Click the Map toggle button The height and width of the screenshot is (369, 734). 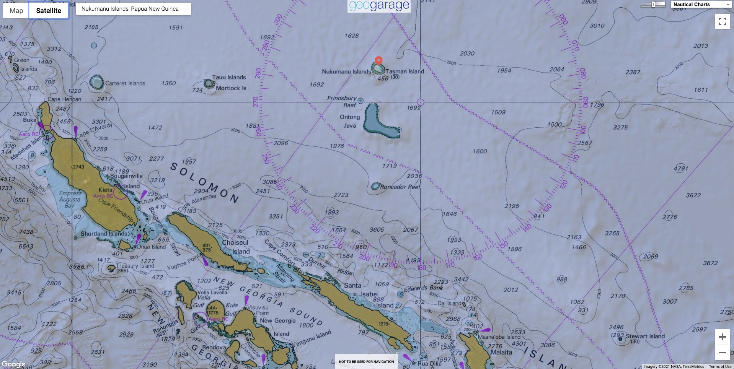(x=16, y=11)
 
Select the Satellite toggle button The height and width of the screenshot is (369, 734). (x=49, y=11)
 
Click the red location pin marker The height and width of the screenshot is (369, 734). (x=378, y=60)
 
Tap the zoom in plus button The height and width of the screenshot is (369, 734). (x=722, y=337)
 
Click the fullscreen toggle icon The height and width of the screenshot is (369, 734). (x=722, y=21)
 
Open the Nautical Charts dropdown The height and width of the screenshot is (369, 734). (x=701, y=5)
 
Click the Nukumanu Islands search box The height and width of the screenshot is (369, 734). (x=133, y=9)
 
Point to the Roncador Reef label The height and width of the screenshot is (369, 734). (x=400, y=187)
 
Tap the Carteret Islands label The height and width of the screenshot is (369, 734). (x=125, y=83)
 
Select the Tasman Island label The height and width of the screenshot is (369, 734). (x=405, y=72)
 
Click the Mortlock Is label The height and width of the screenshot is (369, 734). (x=231, y=88)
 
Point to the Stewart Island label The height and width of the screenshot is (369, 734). (x=645, y=336)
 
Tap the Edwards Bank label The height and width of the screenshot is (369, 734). (x=423, y=288)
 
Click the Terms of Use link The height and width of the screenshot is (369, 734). (x=720, y=366)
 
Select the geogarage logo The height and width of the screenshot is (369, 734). (x=379, y=6)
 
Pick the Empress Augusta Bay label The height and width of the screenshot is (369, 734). (x=70, y=199)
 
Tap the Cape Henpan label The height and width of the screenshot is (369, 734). (x=64, y=99)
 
